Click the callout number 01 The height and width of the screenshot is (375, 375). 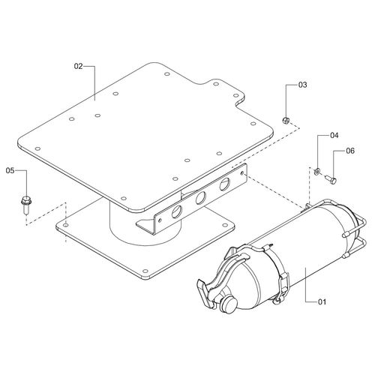point(322,302)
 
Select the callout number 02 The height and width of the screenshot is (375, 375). point(78,66)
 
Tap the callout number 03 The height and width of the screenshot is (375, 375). point(302,85)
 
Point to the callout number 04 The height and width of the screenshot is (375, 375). point(334,135)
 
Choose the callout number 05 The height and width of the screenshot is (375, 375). point(10,170)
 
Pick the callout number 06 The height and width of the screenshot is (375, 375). point(350,151)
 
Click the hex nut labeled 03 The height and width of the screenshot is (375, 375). point(286,120)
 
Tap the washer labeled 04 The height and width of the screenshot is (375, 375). point(316,171)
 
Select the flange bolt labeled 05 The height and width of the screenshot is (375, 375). point(25,205)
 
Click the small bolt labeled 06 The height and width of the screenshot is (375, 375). point(331,178)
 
